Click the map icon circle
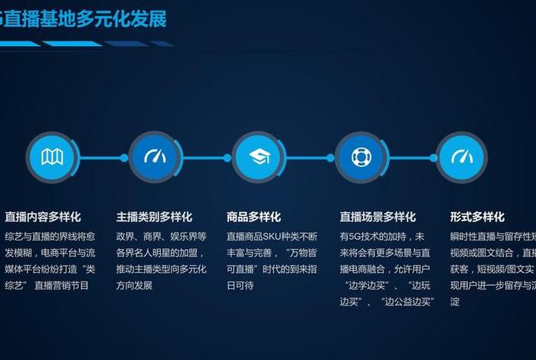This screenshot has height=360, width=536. pyautogui.click(x=52, y=158)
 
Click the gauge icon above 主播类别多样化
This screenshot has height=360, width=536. pyautogui.click(x=155, y=158)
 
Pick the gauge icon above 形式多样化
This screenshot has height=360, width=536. pyautogui.click(x=462, y=158)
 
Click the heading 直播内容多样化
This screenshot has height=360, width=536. pyautogui.click(x=43, y=217)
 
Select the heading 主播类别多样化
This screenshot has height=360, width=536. pyautogui.click(x=154, y=217)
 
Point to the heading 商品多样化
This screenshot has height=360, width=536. pyautogui.click(x=253, y=217)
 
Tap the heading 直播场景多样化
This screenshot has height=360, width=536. pyautogui.click(x=377, y=217)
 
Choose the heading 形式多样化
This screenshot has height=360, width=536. pyautogui.click(x=477, y=217)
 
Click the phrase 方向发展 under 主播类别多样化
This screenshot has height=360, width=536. pyautogui.click(x=135, y=286)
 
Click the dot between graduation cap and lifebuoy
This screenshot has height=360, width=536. pyautogui.click(x=331, y=158)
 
